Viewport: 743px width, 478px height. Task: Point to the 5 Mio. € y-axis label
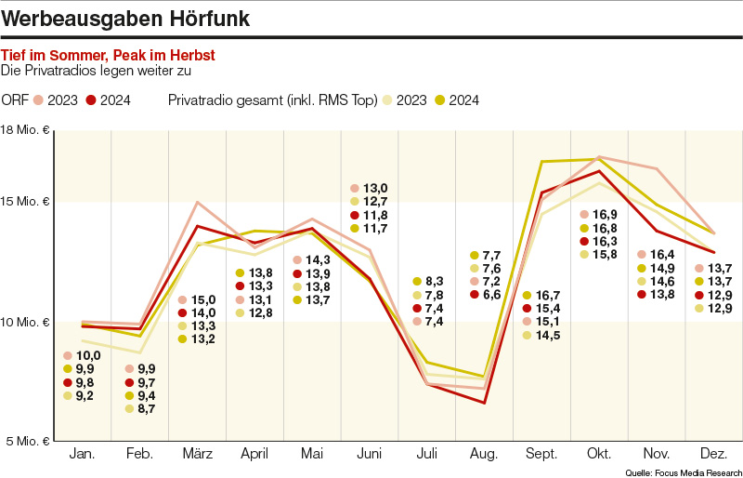[x=27, y=440]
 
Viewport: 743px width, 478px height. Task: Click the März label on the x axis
[x=197, y=454]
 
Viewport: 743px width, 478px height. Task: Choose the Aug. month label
[x=484, y=454]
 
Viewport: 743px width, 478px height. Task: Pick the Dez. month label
[x=712, y=454]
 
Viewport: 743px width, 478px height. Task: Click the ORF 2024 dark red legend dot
[x=91, y=100]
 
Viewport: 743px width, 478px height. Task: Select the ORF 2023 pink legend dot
[x=38, y=100]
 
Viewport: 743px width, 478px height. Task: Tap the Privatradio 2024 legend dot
[x=440, y=100]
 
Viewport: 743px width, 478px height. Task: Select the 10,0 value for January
[x=88, y=356]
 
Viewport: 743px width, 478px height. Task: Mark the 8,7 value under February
[x=147, y=408]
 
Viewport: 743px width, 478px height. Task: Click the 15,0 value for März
[x=202, y=299]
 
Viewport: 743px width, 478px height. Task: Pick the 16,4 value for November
[x=661, y=255]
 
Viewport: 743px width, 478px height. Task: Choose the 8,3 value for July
[x=435, y=281]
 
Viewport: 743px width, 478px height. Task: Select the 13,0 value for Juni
[x=375, y=188]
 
